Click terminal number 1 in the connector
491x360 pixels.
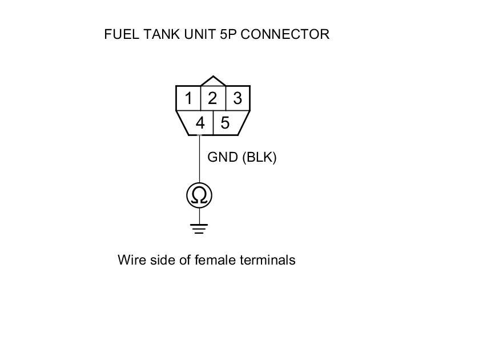[188, 98]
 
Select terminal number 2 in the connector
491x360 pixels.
[212, 98]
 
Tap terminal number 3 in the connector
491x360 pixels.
[238, 98]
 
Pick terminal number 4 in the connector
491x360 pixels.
[200, 123]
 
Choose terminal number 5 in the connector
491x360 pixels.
[226, 123]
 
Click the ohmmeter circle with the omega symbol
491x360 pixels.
[199, 195]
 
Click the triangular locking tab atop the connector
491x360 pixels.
[213, 81]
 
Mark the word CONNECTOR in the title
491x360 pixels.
[285, 34]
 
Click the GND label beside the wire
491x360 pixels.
[223, 158]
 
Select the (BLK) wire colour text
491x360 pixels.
[259, 158]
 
